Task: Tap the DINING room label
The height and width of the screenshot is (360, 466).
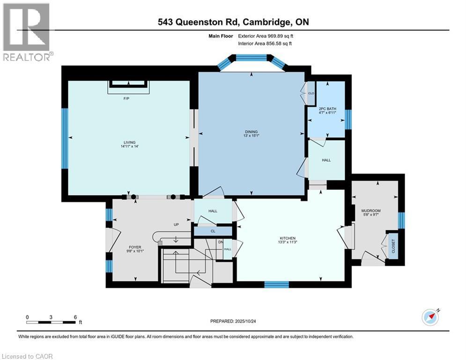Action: click(x=251, y=132)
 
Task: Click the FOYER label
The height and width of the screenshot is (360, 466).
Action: click(x=135, y=247)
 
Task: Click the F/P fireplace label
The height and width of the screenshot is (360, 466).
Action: click(x=126, y=99)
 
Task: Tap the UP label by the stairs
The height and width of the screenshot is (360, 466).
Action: click(x=177, y=225)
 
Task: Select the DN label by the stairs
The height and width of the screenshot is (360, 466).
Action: click(x=221, y=242)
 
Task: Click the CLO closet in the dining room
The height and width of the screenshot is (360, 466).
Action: click(x=311, y=93)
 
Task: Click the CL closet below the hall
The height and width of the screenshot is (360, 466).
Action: click(x=213, y=231)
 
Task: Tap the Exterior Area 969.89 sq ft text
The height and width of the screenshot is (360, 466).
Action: click(x=266, y=36)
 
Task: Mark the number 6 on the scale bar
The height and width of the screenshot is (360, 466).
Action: click(x=75, y=317)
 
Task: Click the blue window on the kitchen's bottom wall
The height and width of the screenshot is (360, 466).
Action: click(x=276, y=284)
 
